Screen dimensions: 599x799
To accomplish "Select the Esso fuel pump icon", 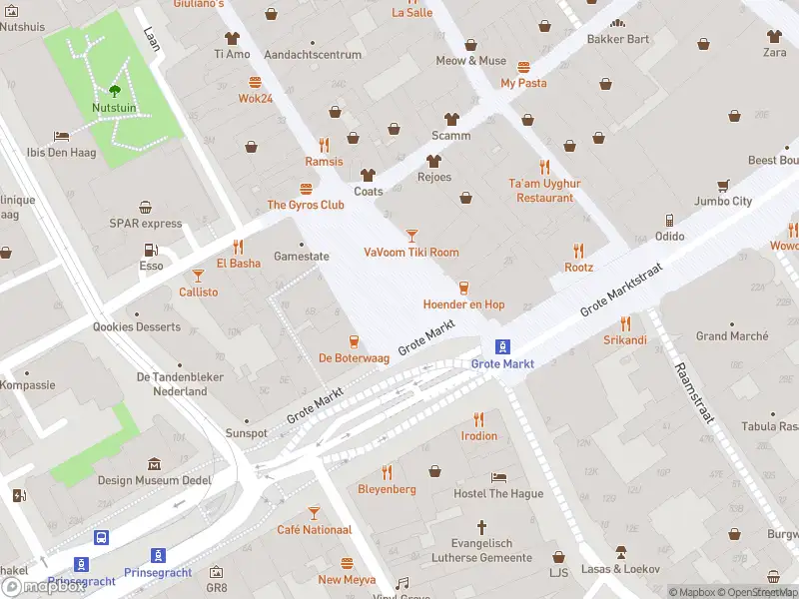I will point(150,250).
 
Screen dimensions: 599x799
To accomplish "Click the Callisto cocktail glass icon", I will point(198,276).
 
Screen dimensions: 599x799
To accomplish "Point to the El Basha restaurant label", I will point(238,264).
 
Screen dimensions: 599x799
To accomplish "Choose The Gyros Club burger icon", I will point(306,189).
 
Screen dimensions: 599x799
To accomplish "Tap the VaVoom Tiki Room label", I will point(411,253).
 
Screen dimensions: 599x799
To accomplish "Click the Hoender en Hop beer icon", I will point(463,288).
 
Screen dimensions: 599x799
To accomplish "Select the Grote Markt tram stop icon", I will point(503,346).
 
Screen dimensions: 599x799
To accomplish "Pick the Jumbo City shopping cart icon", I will point(722,185).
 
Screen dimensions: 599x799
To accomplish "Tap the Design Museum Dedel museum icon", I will point(154,464).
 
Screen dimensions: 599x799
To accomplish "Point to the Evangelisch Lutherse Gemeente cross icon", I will point(481,526).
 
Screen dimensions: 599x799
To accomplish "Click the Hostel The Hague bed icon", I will point(498,477).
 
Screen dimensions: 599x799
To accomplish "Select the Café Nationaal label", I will point(314,530).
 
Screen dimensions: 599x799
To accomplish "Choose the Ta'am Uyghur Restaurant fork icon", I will point(544,167).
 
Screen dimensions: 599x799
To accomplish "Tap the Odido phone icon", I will point(669,220).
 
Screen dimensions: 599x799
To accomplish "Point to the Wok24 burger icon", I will point(256,82).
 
